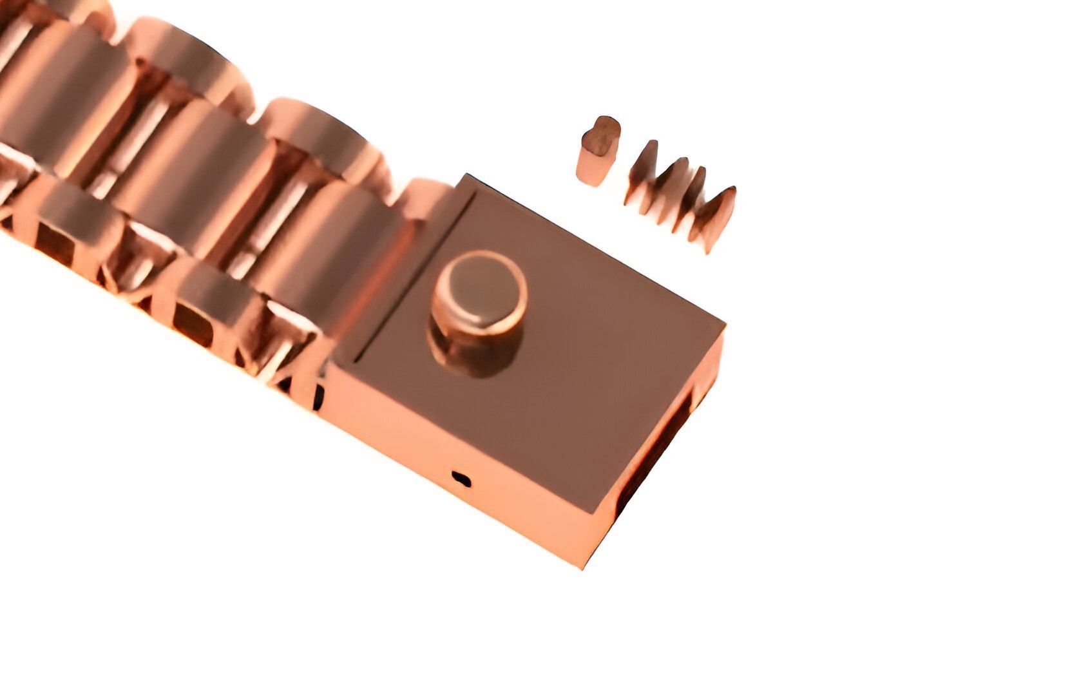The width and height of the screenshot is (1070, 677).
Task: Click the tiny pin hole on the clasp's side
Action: tap(461, 479)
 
